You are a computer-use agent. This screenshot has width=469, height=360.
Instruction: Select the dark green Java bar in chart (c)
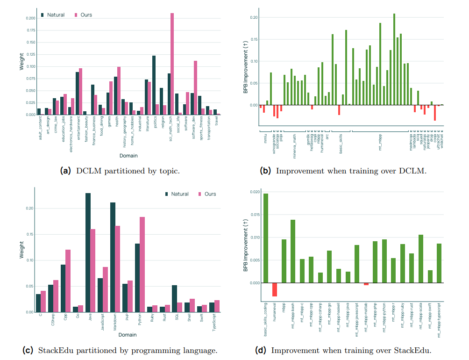pos(88,252)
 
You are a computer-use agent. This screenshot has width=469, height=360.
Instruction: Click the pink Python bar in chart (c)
pos(142,264)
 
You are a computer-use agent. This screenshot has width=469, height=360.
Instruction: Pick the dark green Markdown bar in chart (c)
pos(113,257)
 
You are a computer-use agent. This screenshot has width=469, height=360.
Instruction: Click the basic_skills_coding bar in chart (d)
pos(266,238)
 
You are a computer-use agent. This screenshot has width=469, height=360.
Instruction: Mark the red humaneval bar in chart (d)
pos(275,289)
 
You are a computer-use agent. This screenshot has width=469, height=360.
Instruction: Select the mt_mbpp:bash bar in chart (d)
pos(293,251)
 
